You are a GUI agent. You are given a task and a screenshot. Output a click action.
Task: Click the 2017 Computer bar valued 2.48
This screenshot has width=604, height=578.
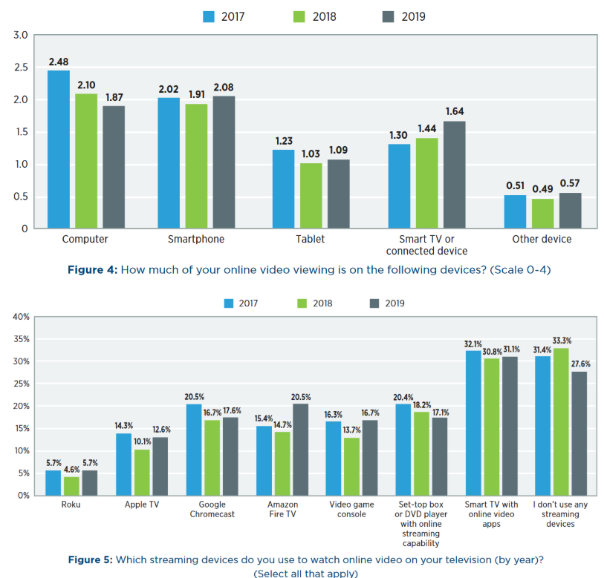click(59, 149)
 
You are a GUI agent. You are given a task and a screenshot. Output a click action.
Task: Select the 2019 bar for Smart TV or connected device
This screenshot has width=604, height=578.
click(455, 175)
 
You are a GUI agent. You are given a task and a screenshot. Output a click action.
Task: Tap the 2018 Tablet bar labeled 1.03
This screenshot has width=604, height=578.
click(311, 196)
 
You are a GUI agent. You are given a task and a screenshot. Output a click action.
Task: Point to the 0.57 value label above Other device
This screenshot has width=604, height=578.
click(571, 183)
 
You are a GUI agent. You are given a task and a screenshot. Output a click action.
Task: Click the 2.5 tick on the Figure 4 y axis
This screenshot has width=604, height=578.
click(21, 68)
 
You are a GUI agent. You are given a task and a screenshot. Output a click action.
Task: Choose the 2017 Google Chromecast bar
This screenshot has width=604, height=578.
click(193, 449)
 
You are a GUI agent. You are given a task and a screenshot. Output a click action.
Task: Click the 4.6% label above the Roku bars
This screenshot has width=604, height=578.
click(71, 469)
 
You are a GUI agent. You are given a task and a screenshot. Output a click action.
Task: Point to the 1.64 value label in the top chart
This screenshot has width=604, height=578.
click(455, 112)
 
